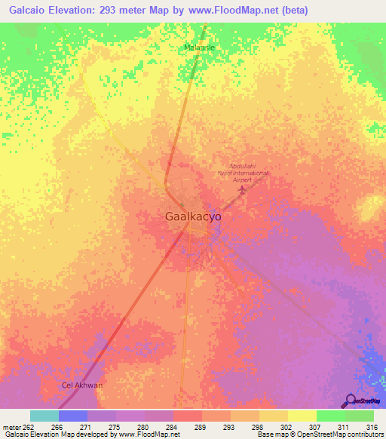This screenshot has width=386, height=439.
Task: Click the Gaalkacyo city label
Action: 192,216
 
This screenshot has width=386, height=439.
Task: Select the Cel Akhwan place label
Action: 81,385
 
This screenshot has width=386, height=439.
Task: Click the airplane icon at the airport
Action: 242,188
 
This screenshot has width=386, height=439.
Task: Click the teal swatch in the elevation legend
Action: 44,416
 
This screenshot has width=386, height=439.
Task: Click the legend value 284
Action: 173,427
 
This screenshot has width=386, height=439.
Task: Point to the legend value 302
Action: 287,427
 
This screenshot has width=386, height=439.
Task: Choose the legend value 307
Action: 316,427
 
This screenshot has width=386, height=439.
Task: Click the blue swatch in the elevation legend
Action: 73,416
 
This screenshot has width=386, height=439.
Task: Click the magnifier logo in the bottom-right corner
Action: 351,400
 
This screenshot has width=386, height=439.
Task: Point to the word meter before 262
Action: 12,427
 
